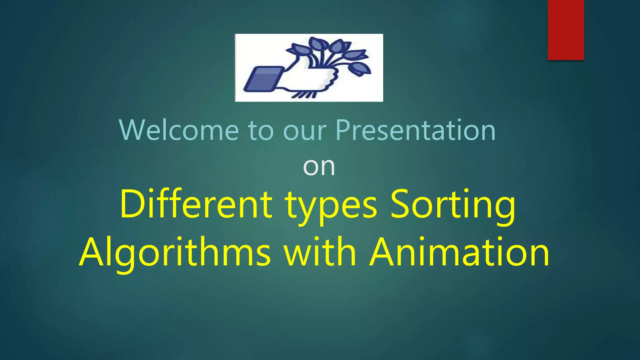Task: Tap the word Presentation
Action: (x=415, y=130)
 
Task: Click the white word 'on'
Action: (x=319, y=167)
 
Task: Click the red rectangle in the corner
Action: (x=566, y=30)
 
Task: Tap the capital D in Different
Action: (x=131, y=204)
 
